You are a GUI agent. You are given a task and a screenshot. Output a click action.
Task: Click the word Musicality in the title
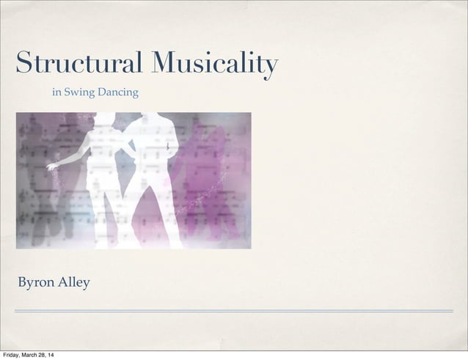(213, 65)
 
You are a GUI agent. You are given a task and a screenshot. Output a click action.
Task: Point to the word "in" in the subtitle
(56, 92)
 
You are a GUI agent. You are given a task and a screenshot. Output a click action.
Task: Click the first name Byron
(34, 282)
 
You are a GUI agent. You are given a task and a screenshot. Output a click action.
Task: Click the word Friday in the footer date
(12, 356)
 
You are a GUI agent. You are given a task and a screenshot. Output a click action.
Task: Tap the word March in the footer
(34, 356)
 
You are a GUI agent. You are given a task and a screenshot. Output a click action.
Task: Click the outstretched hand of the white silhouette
(51, 167)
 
